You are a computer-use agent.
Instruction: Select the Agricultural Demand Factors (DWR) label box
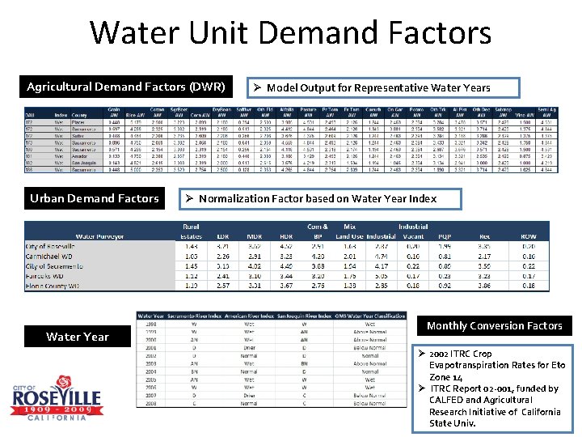tap(125, 87)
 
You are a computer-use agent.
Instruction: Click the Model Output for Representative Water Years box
tap(377, 87)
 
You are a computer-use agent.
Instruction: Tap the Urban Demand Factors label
tap(94, 198)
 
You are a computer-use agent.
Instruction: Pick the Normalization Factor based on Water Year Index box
tap(319, 198)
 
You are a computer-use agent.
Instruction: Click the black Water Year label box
tap(78, 337)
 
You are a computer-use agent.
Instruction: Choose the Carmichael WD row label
tap(53, 256)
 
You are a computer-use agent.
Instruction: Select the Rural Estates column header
tap(191, 231)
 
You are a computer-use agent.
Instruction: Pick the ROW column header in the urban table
tap(527, 236)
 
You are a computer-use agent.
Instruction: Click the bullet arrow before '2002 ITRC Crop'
tap(421, 354)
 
